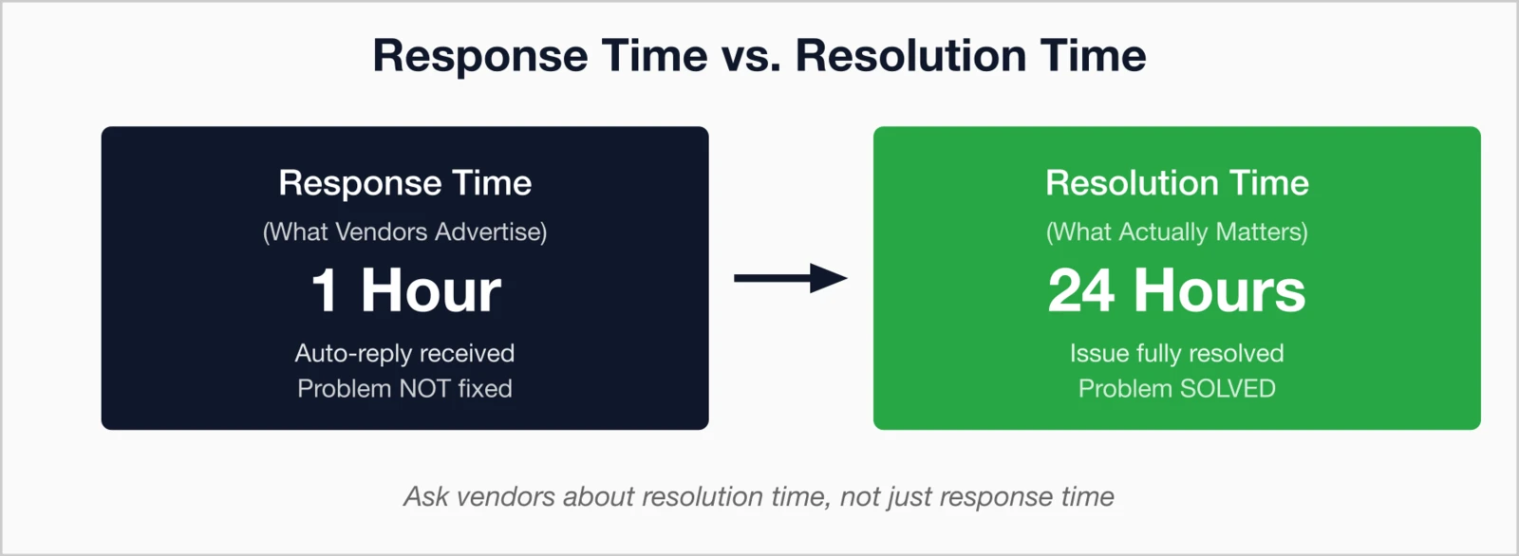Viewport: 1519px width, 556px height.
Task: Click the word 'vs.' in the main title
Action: (751, 56)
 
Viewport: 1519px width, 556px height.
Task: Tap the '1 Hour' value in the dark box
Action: (405, 290)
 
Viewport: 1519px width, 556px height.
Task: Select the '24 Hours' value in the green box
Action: (1176, 290)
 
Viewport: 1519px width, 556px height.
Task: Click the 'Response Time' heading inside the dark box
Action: (405, 183)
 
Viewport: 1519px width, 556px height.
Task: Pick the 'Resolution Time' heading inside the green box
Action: (1176, 183)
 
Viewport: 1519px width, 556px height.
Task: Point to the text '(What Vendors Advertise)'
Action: (405, 232)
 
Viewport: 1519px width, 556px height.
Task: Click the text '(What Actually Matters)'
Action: (1176, 232)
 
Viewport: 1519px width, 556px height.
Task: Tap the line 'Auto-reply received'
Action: (405, 353)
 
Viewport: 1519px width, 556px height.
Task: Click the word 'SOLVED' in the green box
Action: (1228, 389)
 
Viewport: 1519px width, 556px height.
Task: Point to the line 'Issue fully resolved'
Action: (1176, 353)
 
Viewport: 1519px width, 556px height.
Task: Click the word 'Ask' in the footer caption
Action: (426, 497)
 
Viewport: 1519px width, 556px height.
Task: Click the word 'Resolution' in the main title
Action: (910, 56)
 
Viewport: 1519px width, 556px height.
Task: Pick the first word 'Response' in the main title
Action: (479, 56)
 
